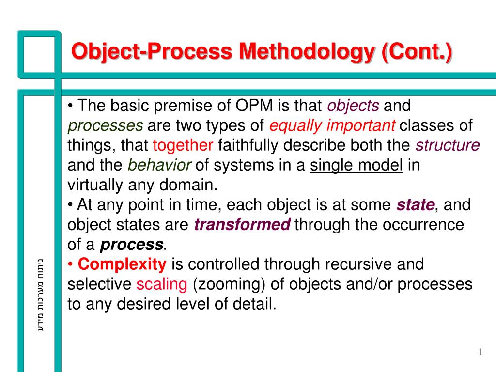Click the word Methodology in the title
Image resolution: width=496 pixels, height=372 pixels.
(x=307, y=51)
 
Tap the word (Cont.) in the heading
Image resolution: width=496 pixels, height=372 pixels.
(x=417, y=52)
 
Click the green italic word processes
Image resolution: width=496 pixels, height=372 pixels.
(x=105, y=126)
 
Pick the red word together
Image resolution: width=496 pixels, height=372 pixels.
(x=183, y=145)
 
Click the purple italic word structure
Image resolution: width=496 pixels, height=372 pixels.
(x=448, y=145)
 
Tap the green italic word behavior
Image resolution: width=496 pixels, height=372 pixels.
(x=159, y=165)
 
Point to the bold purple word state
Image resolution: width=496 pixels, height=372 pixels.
(x=416, y=205)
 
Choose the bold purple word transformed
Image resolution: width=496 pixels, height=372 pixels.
(x=242, y=225)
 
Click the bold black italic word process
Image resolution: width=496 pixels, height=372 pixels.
(x=132, y=245)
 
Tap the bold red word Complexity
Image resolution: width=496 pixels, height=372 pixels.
(x=122, y=264)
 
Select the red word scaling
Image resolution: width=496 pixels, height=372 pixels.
(x=162, y=284)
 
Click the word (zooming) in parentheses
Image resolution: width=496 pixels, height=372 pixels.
(x=229, y=284)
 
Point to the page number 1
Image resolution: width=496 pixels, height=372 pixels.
(x=480, y=352)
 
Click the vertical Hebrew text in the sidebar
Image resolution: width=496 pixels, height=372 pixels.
(x=41, y=295)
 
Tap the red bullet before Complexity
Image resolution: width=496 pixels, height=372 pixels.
(x=70, y=264)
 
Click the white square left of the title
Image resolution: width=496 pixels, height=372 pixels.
(x=39, y=54)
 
